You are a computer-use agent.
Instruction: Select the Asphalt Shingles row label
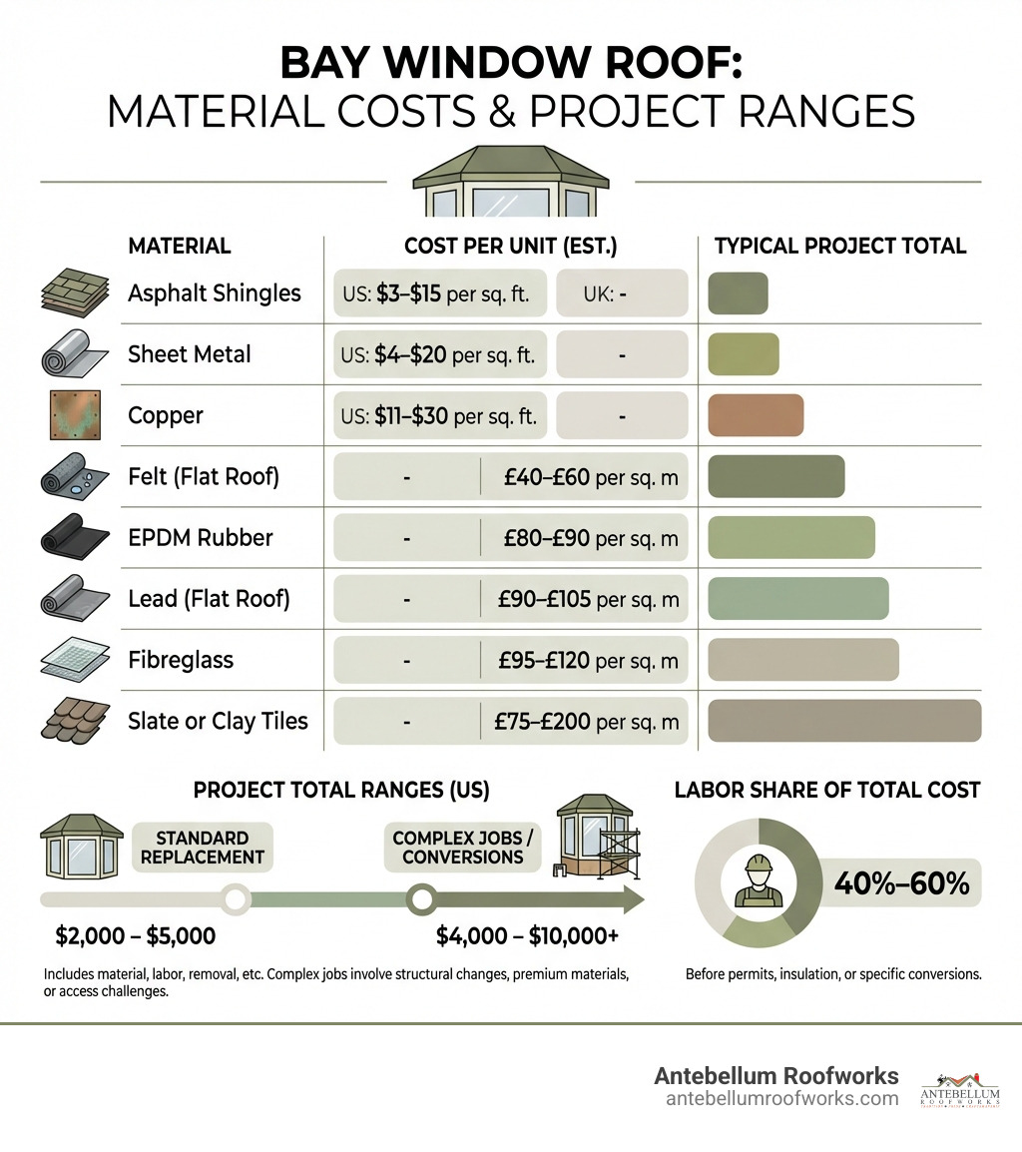[x=214, y=293]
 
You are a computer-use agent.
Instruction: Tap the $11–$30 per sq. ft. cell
[x=440, y=415]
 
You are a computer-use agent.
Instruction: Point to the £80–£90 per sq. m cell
[x=592, y=538]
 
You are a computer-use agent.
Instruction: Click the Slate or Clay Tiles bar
[x=844, y=721]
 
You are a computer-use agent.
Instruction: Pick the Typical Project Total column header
[x=840, y=246]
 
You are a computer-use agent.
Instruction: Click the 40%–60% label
[x=900, y=882]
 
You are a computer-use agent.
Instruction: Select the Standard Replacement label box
[x=203, y=847]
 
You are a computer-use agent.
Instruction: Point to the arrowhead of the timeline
[x=630, y=899]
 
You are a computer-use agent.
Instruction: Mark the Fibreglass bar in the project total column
[x=802, y=660]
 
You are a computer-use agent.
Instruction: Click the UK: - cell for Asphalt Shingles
[x=621, y=293]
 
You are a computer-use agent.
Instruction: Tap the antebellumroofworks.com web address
[x=781, y=1098]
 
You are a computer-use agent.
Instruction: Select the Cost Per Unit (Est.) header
[x=510, y=246]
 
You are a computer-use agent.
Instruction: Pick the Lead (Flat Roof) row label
[x=209, y=599]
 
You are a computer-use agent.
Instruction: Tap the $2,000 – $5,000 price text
[x=136, y=936]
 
